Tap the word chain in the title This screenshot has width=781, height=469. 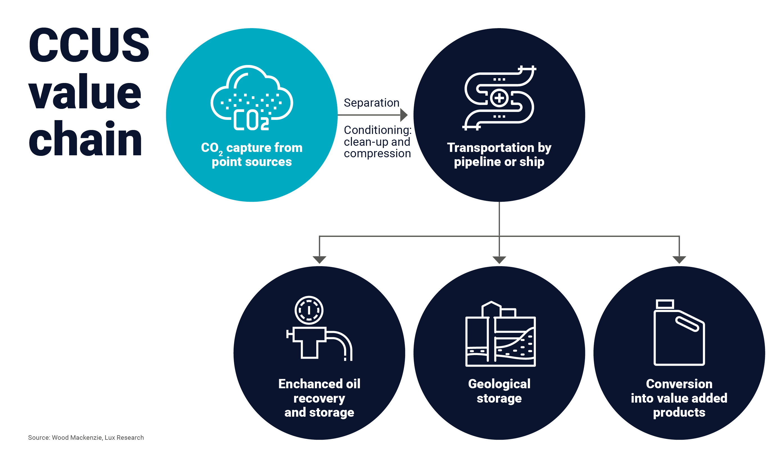pyautogui.click(x=85, y=139)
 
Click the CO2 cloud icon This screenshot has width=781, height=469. pyautogui.click(x=252, y=98)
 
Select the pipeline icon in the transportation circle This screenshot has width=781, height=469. pyautogui.click(x=499, y=98)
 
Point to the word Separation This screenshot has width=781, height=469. pyautogui.click(x=371, y=103)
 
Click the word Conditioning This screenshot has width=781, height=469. pyautogui.click(x=377, y=130)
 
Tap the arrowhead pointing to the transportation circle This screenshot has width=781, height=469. pyautogui.click(x=404, y=115)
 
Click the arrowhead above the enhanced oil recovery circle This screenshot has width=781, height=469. pyautogui.click(x=319, y=259)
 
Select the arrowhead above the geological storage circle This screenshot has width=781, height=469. pyautogui.click(x=499, y=259)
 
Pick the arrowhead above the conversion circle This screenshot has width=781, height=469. pyautogui.click(x=679, y=259)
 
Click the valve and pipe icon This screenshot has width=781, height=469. pyautogui.click(x=319, y=329)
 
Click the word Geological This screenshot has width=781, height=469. pyautogui.click(x=499, y=384)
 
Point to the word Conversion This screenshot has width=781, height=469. pyautogui.click(x=679, y=384)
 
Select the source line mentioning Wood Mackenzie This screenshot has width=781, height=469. pyautogui.click(x=86, y=437)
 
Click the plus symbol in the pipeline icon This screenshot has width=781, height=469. pyautogui.click(x=499, y=98)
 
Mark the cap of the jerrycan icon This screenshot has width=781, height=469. pyautogui.click(x=665, y=304)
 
